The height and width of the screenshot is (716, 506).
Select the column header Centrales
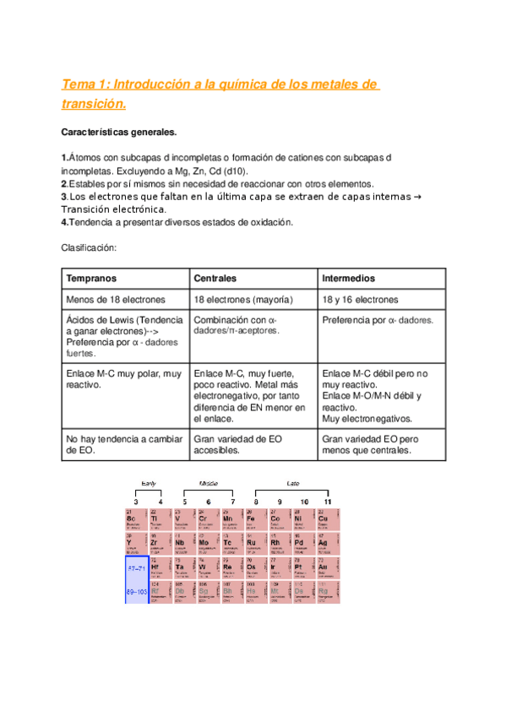[215, 278]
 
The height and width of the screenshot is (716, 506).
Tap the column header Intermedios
[349, 278]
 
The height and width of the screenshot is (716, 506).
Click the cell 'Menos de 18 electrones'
[116, 300]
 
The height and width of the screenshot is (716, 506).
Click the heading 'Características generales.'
[119, 133]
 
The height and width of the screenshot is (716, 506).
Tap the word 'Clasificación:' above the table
[89, 247]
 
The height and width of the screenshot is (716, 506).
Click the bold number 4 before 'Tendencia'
[64, 222]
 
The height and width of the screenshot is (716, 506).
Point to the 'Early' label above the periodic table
[148, 483]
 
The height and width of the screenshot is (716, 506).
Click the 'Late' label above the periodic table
[292, 483]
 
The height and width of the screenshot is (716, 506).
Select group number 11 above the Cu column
[327, 502]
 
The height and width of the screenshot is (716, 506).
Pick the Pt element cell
[302, 567]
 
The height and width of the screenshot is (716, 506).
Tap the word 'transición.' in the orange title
[94, 104]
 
